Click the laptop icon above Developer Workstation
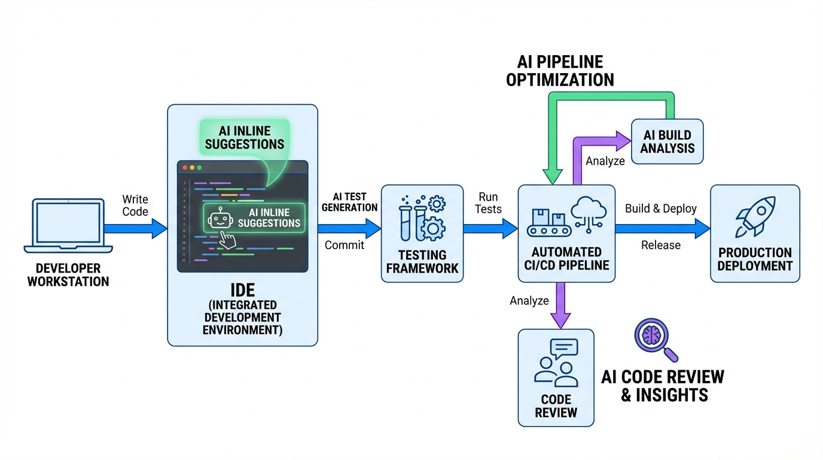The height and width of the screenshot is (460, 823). coord(68,225)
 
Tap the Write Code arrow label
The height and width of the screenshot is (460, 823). coord(135,205)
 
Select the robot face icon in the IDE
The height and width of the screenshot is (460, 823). coord(220,217)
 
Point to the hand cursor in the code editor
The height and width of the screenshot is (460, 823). coord(228,239)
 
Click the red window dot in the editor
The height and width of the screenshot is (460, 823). coord(185,168)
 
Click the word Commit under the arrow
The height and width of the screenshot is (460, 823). coord(345,245)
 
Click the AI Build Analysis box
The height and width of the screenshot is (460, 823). coord(667,141)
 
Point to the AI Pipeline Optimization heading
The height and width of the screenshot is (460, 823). coord(560,71)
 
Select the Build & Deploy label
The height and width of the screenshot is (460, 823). coord(661,208)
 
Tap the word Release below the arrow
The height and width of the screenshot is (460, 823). coord(661,245)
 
